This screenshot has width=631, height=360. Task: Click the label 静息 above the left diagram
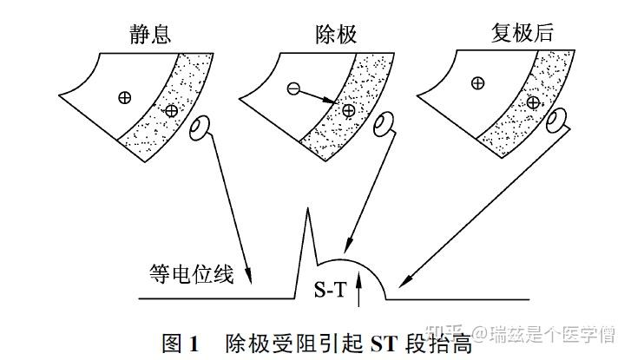[150, 34]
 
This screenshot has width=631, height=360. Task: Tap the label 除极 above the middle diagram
[336, 34]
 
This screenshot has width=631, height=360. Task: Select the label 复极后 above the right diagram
[522, 32]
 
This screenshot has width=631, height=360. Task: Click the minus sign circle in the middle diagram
[293, 88]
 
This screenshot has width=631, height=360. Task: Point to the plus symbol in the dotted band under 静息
[172, 111]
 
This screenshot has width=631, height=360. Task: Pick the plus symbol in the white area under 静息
[125, 97]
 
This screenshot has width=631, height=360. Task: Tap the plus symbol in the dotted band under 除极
[349, 110]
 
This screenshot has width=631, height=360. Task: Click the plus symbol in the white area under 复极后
[477, 83]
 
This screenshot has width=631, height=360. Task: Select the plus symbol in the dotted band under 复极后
[533, 102]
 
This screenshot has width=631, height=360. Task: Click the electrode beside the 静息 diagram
[200, 128]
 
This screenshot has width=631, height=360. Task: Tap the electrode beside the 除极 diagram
[384, 124]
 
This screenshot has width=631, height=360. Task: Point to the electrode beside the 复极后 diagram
[557, 120]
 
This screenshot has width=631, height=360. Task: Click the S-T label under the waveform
[330, 289]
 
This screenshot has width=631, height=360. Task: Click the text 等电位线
[192, 275]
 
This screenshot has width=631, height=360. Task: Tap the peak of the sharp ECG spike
[307, 208]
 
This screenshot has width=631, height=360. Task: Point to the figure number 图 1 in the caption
[181, 344]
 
